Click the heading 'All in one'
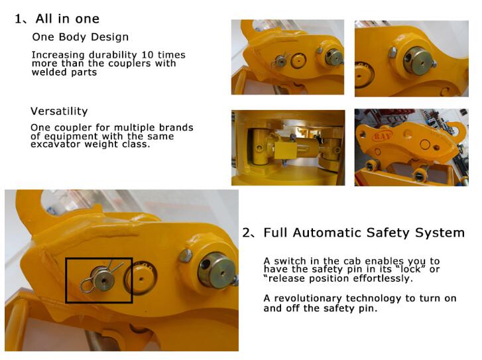[68, 19]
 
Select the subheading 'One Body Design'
[80, 37]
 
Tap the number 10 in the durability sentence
[147, 55]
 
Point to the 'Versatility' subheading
[59, 111]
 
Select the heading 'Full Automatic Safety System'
[364, 233]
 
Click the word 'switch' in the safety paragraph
[290, 261]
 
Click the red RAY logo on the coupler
[382, 135]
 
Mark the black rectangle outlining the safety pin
[66, 280]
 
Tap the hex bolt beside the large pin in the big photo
[186, 255]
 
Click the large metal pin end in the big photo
[217, 270]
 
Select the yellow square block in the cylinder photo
[286, 150]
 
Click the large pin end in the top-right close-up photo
[417, 61]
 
